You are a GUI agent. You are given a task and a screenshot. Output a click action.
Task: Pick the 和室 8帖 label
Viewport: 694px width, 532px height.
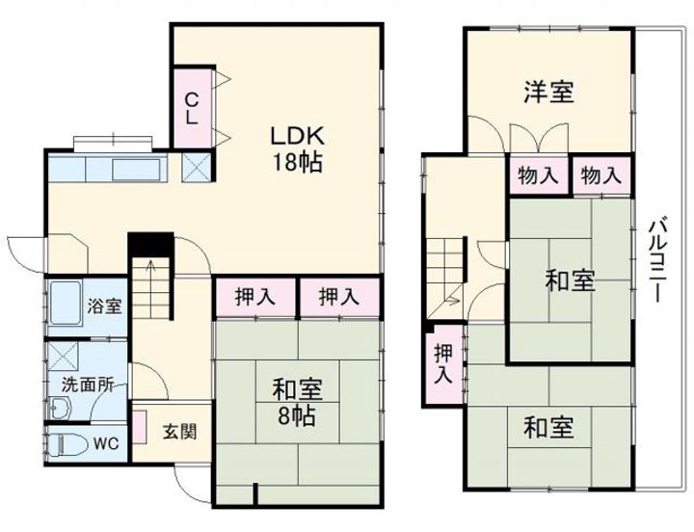[296, 404]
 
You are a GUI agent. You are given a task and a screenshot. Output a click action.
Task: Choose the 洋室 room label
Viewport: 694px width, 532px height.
[548, 93]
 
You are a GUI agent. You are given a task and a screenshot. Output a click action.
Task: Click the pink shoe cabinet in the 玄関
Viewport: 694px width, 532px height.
[139, 426]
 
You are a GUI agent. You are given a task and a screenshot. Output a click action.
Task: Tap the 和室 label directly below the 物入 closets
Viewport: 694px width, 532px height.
[570, 280]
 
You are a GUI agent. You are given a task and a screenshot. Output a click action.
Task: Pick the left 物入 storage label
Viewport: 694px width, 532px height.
[538, 175]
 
